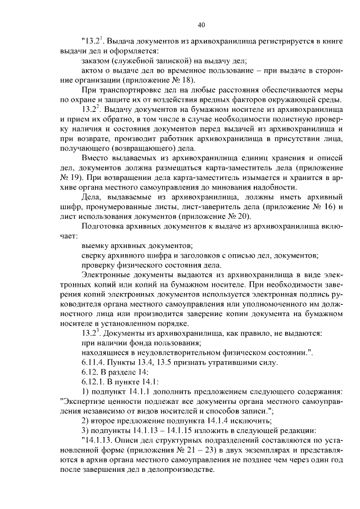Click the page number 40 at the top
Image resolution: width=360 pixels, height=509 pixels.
point(202,25)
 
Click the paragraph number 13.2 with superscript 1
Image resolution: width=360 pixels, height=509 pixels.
point(92,42)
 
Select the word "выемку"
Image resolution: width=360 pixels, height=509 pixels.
point(96,246)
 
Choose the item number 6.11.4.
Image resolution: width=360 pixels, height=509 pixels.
point(94,362)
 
